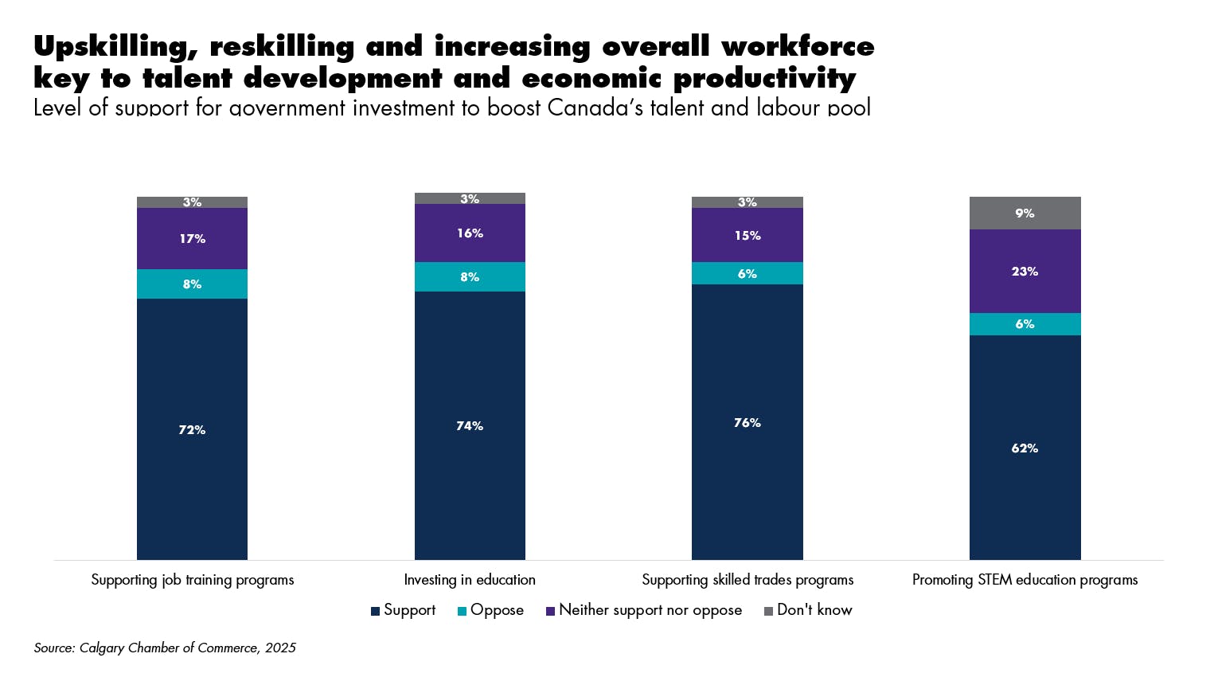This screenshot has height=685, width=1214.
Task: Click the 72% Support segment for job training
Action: pyautogui.click(x=192, y=429)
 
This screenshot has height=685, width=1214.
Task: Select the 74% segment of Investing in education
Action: pyautogui.click(x=470, y=425)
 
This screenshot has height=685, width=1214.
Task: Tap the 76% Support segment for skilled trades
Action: pyautogui.click(x=747, y=422)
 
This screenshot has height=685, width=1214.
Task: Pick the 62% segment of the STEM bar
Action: pyautogui.click(x=1025, y=448)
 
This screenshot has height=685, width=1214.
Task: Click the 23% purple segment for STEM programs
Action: pyautogui.click(x=1025, y=271)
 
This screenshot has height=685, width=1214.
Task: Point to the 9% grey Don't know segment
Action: pyautogui.click(x=1025, y=213)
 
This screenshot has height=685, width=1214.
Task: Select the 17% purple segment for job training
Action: pyautogui.click(x=192, y=238)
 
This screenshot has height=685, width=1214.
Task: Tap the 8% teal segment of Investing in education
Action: pyautogui.click(x=470, y=276)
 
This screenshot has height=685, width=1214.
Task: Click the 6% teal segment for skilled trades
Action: pyautogui.click(x=747, y=273)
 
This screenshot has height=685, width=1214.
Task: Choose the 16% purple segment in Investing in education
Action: pyautogui.click(x=470, y=233)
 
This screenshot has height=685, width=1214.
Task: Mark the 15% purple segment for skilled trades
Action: pyautogui.click(x=747, y=235)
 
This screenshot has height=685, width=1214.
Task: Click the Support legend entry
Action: pyautogui.click(x=404, y=610)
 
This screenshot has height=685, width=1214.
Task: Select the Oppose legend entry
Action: pyautogui.click(x=491, y=610)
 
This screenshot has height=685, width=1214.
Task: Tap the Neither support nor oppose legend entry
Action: pyautogui.click(x=644, y=610)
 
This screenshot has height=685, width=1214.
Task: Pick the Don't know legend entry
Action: pyautogui.click(x=808, y=610)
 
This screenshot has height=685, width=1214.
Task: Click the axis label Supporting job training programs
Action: pyautogui.click(x=193, y=580)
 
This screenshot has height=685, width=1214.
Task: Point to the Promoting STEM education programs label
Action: pyautogui.click(x=1025, y=580)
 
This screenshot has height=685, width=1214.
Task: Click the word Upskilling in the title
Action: pyautogui.click(x=115, y=47)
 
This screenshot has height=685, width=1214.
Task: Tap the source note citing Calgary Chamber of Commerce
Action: pyautogui.click(x=165, y=648)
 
